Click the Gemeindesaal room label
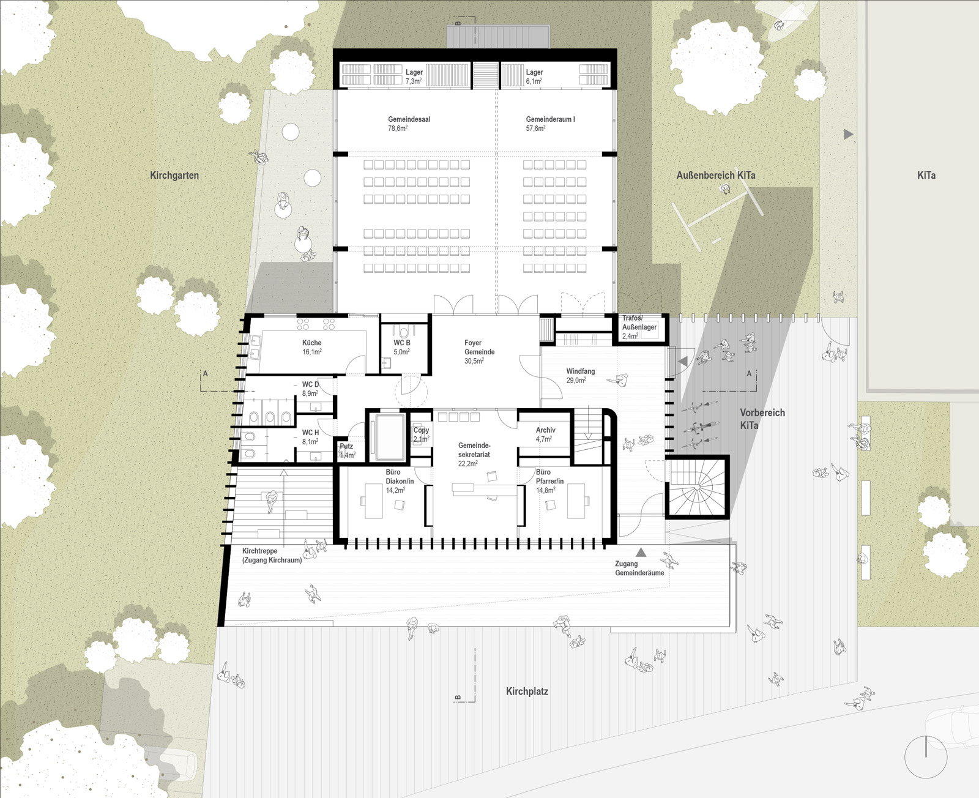click(409, 124)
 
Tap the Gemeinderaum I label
click(550, 124)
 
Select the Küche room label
click(311, 347)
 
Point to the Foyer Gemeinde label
click(479, 352)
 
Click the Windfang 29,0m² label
click(580, 376)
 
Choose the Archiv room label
click(546, 434)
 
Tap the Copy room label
click(421, 434)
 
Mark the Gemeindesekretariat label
click(474, 454)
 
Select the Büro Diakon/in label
click(400, 481)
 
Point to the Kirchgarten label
click(174, 175)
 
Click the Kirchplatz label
click(527, 691)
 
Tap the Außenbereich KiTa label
click(716, 175)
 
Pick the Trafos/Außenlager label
click(639, 327)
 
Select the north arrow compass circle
click(926, 756)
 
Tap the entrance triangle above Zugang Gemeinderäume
click(641, 551)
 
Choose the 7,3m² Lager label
click(414, 76)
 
